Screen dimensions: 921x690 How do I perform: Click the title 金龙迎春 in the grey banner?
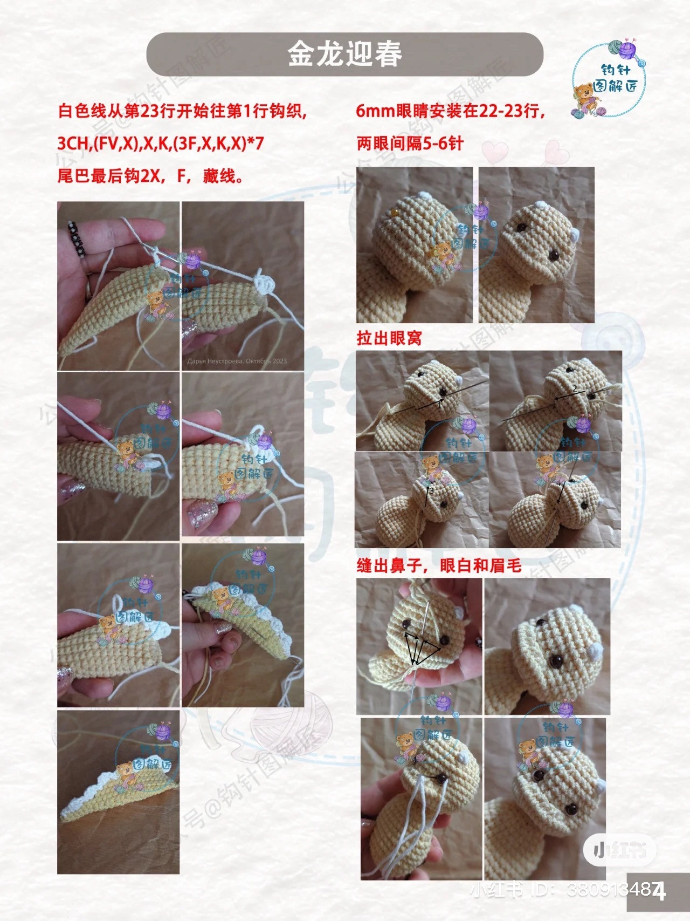344,54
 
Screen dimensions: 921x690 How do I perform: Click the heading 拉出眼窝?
389,338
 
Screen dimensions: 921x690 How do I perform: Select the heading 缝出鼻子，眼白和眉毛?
439,565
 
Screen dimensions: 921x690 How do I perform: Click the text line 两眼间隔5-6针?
410,144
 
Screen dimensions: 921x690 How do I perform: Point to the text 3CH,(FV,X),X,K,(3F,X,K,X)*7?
161,144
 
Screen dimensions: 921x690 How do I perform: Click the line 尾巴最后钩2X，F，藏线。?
150,176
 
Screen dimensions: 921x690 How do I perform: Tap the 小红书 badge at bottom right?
619,851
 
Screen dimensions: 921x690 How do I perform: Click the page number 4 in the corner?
659,891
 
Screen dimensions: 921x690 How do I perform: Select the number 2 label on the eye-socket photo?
575,388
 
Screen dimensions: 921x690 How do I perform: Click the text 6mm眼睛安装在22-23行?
450,111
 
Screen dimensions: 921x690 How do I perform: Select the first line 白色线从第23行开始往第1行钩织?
182,111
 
